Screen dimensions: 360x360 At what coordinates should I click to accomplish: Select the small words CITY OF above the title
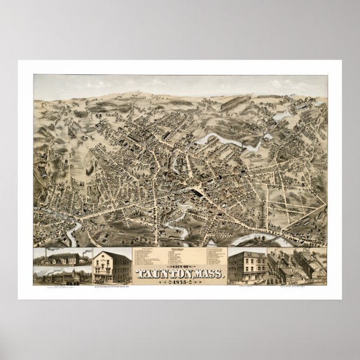click(180, 266)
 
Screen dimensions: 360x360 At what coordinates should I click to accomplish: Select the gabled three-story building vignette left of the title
click(112, 267)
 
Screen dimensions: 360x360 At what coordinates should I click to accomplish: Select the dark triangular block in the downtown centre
click(196, 191)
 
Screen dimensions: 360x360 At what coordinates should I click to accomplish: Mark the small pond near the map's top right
click(282, 117)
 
